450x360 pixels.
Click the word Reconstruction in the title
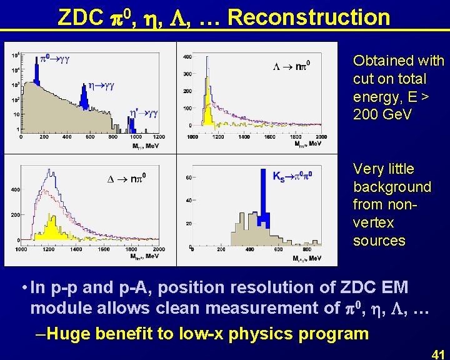309,17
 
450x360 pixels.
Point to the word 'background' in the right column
392,187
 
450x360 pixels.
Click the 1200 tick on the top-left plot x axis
158,136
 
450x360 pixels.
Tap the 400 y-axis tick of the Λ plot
187,57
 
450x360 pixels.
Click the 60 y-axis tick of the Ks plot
187,178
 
